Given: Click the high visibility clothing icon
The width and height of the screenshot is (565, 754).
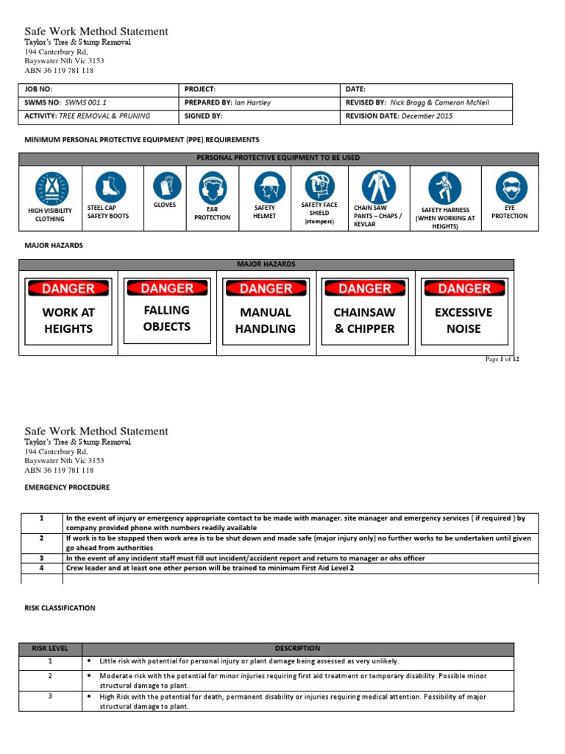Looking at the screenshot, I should (x=51, y=188).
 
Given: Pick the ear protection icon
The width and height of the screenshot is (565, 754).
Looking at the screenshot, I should (x=212, y=188).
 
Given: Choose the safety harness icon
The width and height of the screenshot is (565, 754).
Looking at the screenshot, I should (x=445, y=188).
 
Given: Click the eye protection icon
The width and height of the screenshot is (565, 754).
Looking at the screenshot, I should (x=510, y=188).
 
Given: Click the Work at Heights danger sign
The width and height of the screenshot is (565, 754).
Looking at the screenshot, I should (x=68, y=311).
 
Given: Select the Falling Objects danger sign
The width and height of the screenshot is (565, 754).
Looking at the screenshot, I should (x=167, y=310).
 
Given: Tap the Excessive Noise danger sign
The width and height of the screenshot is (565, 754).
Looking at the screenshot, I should (x=463, y=311).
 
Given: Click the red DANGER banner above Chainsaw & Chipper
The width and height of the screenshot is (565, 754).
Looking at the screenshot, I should (x=365, y=289).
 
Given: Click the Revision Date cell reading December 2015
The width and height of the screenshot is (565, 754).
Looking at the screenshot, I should (x=427, y=116).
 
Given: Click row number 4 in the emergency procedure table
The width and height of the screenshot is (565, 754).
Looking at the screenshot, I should (x=42, y=568).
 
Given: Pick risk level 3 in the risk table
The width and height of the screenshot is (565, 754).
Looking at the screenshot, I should (x=49, y=696).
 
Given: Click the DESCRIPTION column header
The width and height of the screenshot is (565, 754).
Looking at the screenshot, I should (x=297, y=649).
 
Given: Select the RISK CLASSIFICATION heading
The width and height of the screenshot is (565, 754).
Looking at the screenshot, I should (x=60, y=608).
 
